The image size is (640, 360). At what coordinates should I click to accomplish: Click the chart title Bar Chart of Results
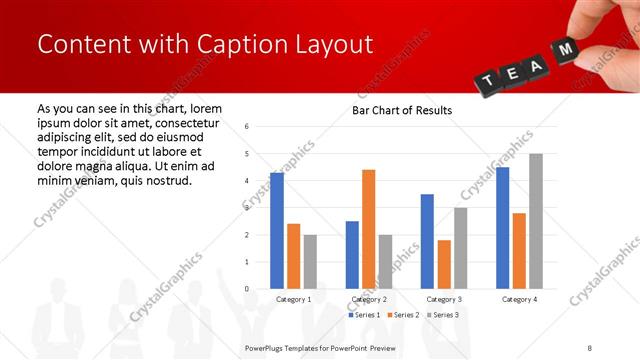pos(401,110)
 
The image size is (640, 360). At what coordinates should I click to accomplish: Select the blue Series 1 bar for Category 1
pos(277,230)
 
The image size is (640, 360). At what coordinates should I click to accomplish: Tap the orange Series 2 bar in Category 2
pos(368,229)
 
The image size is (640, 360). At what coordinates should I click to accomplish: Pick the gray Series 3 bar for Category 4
pos(535,221)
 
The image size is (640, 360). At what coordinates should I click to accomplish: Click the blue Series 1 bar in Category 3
pos(427,241)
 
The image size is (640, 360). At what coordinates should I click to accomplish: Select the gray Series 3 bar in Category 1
pos(310,262)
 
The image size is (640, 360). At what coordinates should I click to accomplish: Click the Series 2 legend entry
pos(402,315)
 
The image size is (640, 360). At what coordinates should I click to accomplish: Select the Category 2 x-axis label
pos(368,299)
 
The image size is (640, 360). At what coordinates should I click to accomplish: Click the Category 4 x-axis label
pos(518,299)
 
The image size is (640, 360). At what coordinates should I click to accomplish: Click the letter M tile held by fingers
pos(566,50)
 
